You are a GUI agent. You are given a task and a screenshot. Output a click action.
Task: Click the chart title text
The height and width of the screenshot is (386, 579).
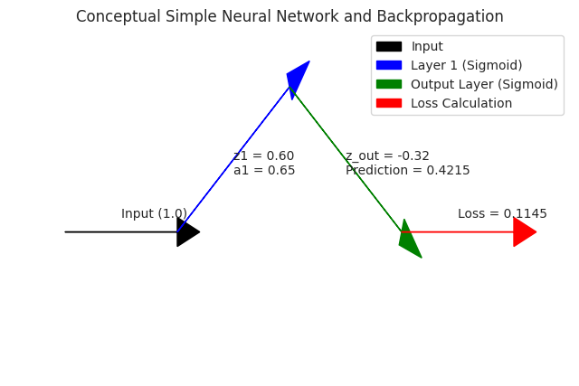[x=289, y=17]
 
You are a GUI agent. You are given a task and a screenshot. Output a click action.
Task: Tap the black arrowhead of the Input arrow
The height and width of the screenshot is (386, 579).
[x=186, y=232]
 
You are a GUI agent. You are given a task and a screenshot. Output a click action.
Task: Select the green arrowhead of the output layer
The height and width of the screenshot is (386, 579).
[x=409, y=241]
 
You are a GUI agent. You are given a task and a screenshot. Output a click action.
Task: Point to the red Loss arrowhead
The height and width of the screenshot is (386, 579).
[x=523, y=232]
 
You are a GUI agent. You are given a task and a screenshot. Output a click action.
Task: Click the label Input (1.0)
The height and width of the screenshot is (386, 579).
[x=154, y=214]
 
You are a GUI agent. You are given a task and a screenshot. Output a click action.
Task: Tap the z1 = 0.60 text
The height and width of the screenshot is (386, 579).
[x=263, y=156]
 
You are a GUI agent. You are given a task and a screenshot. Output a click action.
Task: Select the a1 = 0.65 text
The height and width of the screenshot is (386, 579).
[x=264, y=171]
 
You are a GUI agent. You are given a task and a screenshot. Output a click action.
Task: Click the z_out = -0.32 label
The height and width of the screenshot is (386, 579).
[x=387, y=156]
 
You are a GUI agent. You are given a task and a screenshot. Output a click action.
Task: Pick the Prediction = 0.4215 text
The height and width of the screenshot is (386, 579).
[x=407, y=171]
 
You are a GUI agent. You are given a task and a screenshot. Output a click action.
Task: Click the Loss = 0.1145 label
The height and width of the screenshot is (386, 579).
[x=502, y=214]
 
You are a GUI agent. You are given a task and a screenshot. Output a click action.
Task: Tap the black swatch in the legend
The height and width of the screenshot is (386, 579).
[x=388, y=46]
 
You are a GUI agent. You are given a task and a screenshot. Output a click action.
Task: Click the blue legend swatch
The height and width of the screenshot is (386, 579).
[x=388, y=65]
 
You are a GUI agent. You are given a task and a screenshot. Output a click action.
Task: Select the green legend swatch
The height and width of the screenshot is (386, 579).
[x=388, y=84]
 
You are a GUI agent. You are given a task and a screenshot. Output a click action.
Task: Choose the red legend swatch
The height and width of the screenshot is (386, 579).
[x=388, y=103]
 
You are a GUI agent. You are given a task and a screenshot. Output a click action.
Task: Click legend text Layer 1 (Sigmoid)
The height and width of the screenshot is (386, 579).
[x=466, y=65]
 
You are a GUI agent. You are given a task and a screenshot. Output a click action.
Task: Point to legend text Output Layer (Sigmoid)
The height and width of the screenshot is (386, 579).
[x=484, y=84]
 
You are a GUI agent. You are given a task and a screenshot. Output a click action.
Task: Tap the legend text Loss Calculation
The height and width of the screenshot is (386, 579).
[x=461, y=103]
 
